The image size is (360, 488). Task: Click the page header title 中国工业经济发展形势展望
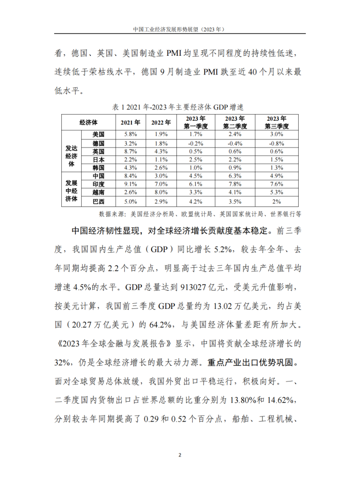[179, 29]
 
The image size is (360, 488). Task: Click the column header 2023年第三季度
[276, 123]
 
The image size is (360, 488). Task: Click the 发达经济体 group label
[71, 151]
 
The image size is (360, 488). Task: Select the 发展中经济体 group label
[71, 189]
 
